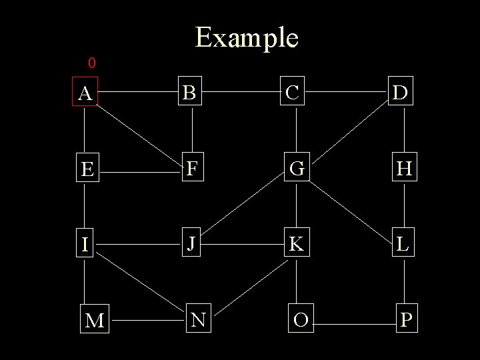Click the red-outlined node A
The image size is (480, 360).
(85, 94)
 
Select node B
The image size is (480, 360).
(191, 94)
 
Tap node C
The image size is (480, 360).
(293, 93)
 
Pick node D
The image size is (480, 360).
(402, 94)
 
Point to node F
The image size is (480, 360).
(192, 169)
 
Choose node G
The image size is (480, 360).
(297, 169)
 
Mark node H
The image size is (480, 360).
(404, 169)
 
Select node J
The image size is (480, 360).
(191, 244)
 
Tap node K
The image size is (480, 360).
(296, 245)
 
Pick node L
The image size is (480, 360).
(403, 245)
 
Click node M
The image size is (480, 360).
(95, 321)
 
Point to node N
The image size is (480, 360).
(197, 320)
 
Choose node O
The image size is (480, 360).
(301, 321)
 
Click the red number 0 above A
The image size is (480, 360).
(92, 63)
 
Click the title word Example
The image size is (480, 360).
(247, 37)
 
